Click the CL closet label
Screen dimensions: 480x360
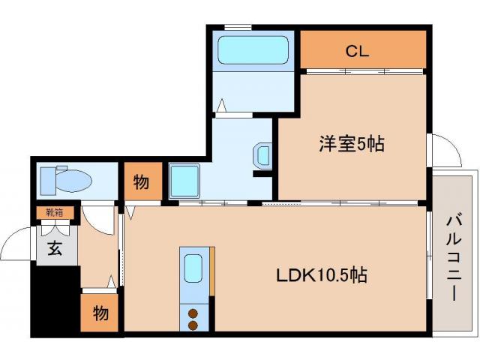(357, 51)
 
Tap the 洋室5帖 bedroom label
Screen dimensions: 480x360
(352, 143)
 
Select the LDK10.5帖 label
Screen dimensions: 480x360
(322, 275)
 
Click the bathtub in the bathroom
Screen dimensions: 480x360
(253, 50)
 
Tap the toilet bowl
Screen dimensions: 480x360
(74, 181)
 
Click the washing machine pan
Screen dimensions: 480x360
(184, 181)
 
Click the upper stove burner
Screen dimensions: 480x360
(193, 313)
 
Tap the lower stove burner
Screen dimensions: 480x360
(193, 325)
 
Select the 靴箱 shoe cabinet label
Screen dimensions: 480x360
(55, 212)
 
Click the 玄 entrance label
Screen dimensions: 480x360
(55, 248)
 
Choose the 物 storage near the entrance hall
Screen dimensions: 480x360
(100, 313)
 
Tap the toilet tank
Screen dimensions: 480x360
(48, 181)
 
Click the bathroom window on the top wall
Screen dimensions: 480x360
(238, 27)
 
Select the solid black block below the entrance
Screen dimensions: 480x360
(55, 301)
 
